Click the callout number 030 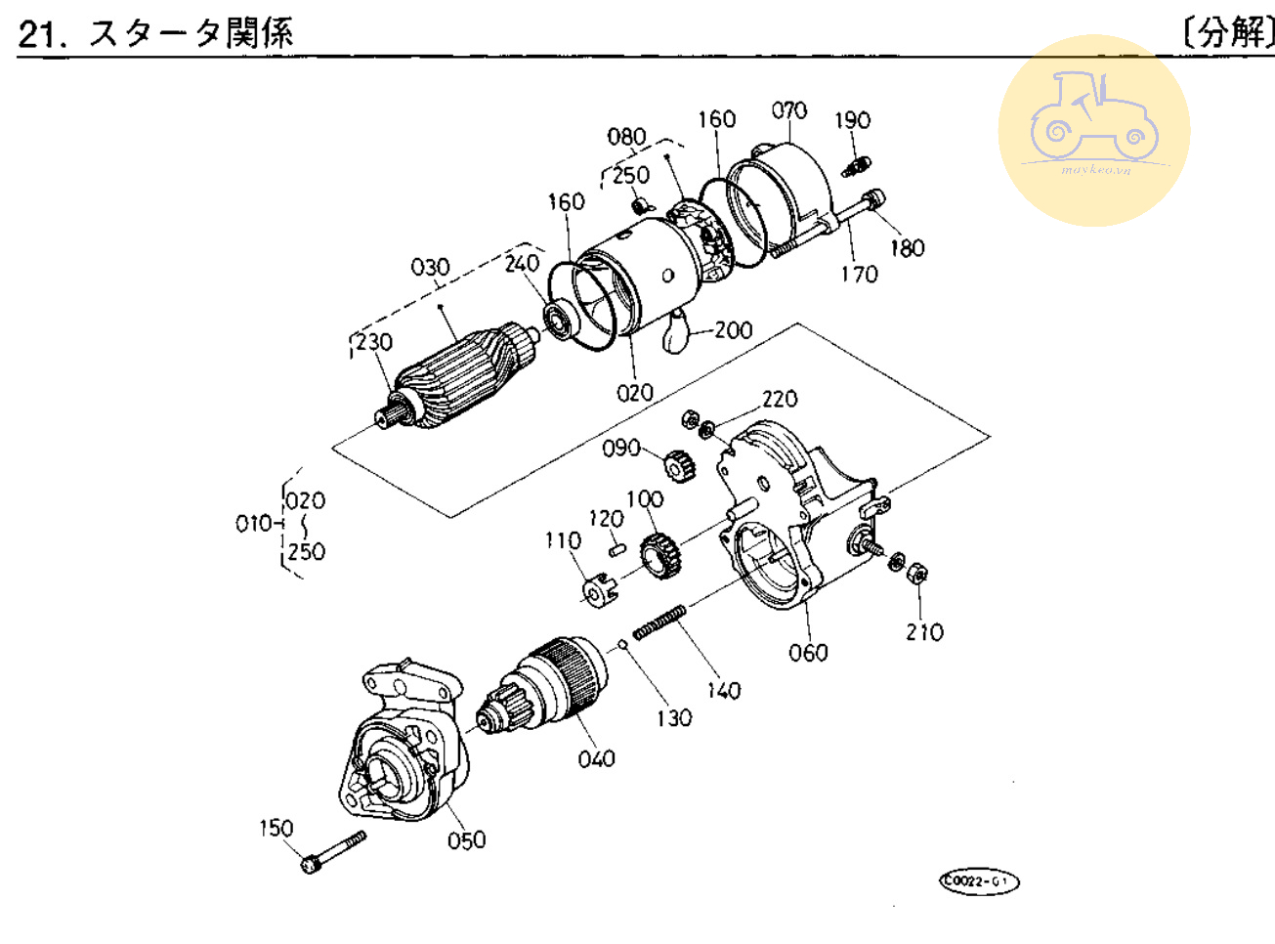(x=430, y=267)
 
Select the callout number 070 (x=789, y=110)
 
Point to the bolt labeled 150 (x=334, y=851)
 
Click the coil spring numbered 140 (x=659, y=622)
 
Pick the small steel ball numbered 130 (x=621, y=644)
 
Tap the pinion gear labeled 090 (x=678, y=465)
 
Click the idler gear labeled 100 (x=660, y=556)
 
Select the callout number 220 (x=780, y=399)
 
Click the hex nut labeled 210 (x=916, y=573)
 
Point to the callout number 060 (x=808, y=652)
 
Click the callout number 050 (x=466, y=839)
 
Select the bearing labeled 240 (x=559, y=319)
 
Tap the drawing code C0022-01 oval (x=979, y=881)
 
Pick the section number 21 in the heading (x=40, y=34)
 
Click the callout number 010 (x=253, y=524)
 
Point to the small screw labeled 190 (x=856, y=166)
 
